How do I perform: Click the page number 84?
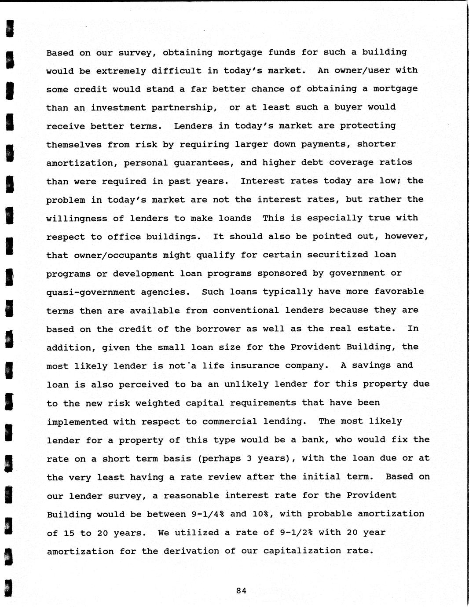pyautogui.click(x=241, y=591)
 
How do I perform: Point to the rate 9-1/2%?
pyautogui.click(x=296, y=532)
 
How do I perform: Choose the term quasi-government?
pyautogui.click(x=91, y=292)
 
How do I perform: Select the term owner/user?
pyautogui.click(x=361, y=70)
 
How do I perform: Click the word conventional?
pyautogui.click(x=246, y=310)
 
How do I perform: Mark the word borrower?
pyautogui.click(x=219, y=329)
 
